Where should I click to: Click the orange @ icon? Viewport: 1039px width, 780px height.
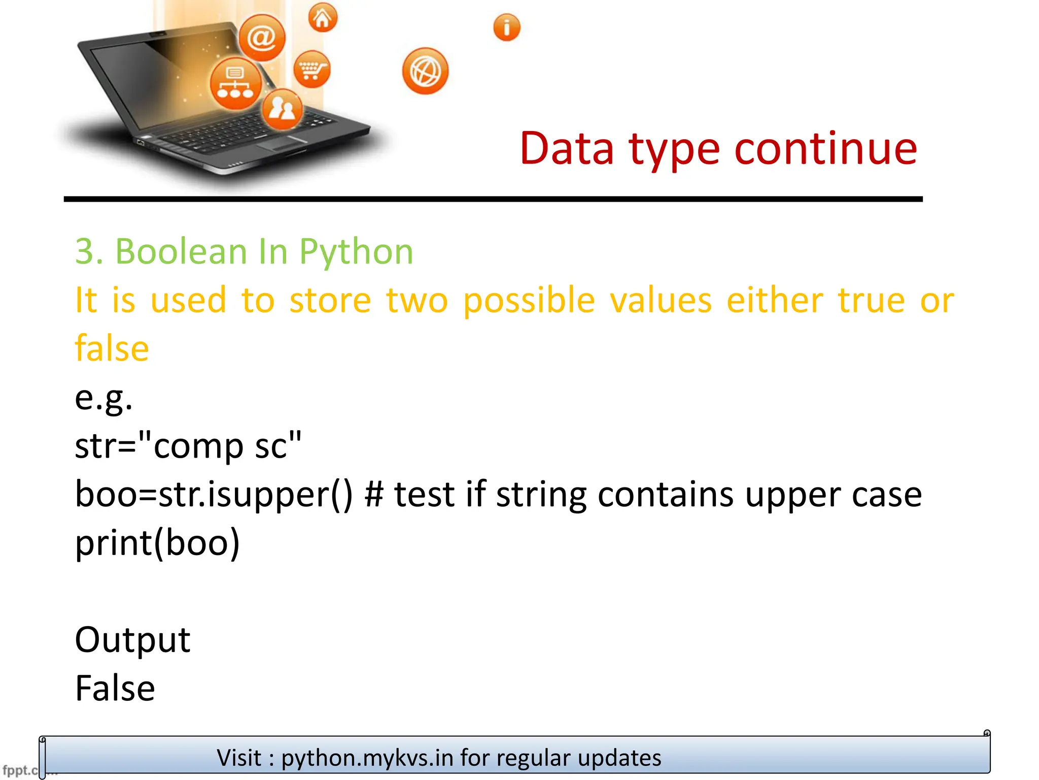(x=262, y=38)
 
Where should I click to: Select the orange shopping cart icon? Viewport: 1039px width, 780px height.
(x=311, y=69)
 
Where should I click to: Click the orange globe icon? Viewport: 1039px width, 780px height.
(x=425, y=71)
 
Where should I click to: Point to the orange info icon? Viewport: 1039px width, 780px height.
(x=507, y=27)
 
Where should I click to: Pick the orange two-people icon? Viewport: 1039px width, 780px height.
(x=282, y=109)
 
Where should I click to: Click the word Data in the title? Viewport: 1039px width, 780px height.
(x=567, y=149)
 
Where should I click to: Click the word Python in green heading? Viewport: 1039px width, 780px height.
(x=356, y=252)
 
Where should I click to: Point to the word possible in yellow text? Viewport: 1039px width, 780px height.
(x=529, y=301)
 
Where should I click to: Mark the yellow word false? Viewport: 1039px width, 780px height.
(x=112, y=348)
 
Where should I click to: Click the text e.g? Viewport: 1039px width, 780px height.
(x=103, y=398)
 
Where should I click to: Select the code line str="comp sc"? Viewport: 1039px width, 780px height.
(x=188, y=446)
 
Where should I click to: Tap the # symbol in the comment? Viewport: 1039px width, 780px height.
(x=374, y=494)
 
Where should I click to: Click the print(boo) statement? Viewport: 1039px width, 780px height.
(x=157, y=543)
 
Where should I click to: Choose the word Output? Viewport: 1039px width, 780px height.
(x=132, y=640)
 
